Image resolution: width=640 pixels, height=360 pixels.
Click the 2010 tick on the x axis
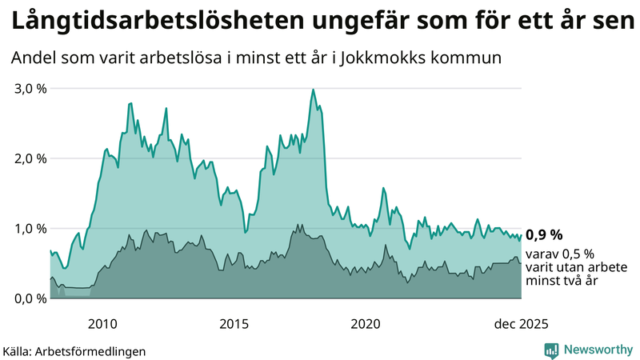click(x=102, y=324)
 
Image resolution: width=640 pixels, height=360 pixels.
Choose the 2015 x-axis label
click(x=234, y=324)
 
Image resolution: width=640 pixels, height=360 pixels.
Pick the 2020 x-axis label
click(x=365, y=324)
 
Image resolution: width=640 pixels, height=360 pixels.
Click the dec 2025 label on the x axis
click(x=521, y=324)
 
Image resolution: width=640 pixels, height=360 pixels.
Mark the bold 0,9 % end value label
click(x=544, y=234)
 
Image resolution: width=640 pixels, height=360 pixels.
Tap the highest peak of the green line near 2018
click(x=313, y=90)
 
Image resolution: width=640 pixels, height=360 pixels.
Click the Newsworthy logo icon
click(x=551, y=350)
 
